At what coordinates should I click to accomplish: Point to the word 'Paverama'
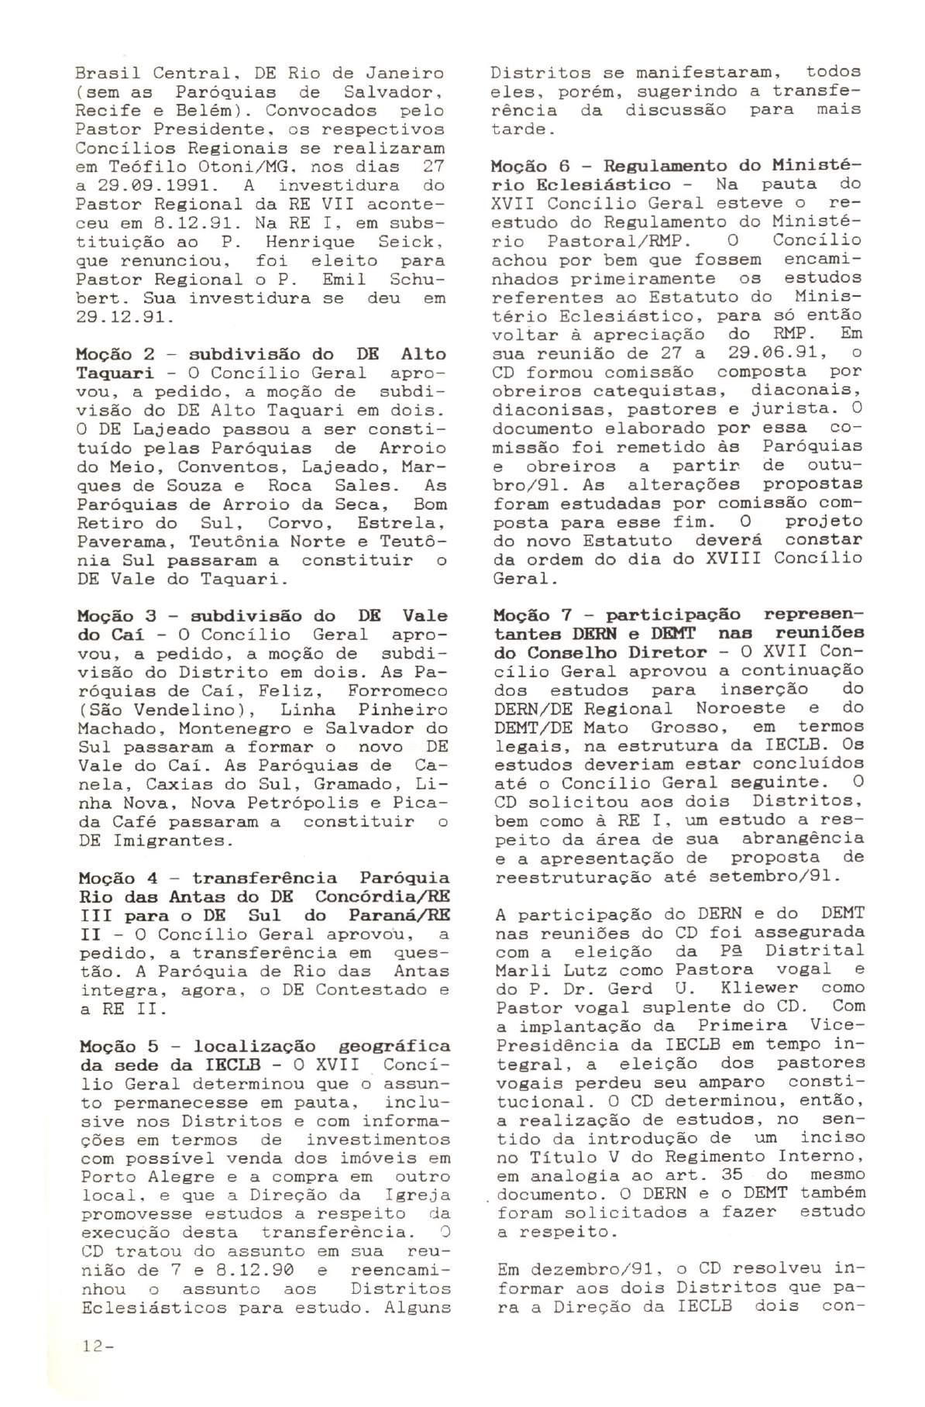click(119, 541)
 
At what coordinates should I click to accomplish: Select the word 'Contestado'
click(375, 989)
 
